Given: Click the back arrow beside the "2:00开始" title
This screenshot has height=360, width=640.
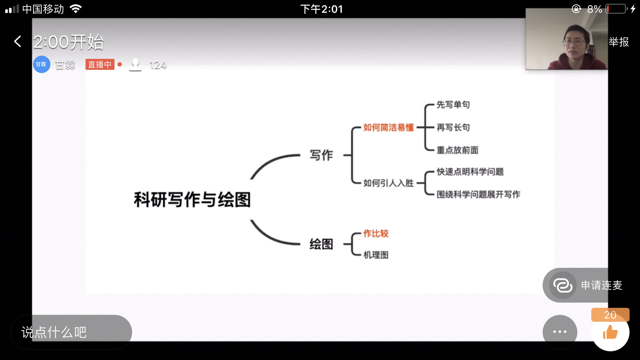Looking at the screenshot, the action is click(x=18, y=41).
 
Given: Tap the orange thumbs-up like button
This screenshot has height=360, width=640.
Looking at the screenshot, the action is click(x=610, y=332).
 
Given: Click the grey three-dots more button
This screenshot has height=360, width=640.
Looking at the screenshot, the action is click(x=560, y=332).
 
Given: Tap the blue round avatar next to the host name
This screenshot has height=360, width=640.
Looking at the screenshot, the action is click(x=41, y=64).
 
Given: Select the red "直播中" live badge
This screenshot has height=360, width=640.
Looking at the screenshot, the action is click(x=100, y=64).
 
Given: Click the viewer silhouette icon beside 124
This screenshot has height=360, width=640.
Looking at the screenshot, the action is click(x=135, y=64).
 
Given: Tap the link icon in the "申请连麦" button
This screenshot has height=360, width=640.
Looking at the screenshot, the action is click(x=563, y=285).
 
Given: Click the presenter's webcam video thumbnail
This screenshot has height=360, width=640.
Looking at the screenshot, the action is click(x=566, y=39).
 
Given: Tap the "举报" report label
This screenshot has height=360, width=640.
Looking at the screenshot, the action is click(x=619, y=42).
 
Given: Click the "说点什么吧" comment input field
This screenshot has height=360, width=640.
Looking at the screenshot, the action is click(x=71, y=332).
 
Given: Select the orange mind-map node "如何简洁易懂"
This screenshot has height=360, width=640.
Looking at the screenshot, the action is click(x=388, y=127).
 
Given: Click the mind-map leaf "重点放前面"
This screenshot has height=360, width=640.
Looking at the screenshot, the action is click(x=457, y=150).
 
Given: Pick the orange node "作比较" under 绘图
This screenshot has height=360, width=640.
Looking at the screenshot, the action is click(x=376, y=233).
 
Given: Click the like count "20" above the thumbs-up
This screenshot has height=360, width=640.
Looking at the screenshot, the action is click(x=610, y=315).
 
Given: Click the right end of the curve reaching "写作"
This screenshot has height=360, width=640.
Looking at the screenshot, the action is click(x=300, y=155).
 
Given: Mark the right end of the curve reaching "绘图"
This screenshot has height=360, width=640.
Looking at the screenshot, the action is click(x=300, y=244).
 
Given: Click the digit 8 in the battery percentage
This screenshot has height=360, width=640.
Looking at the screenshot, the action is click(x=590, y=9).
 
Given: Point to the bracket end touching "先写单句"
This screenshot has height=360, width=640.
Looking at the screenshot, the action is click(x=434, y=105).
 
